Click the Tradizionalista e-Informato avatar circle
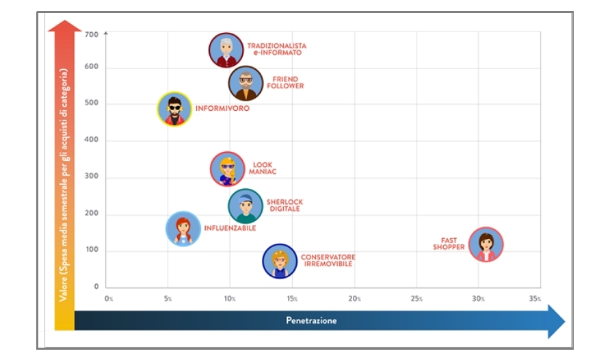[x=226, y=50]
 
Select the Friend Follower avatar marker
[x=246, y=83]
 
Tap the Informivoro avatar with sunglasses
[x=174, y=110]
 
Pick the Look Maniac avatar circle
[x=227, y=169]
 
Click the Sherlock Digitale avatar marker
[x=245, y=206]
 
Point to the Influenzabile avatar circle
[x=183, y=229]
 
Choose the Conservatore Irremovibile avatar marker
[x=280, y=261]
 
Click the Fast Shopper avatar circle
[x=486, y=244]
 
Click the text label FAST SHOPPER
[x=449, y=244]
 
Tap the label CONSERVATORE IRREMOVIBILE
[x=328, y=260]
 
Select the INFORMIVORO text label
[x=222, y=109]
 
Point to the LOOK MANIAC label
[x=262, y=168]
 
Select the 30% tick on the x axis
[x=478, y=299]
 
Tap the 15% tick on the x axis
[x=292, y=299]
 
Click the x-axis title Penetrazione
[x=311, y=320]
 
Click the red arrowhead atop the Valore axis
[x=64, y=29]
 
